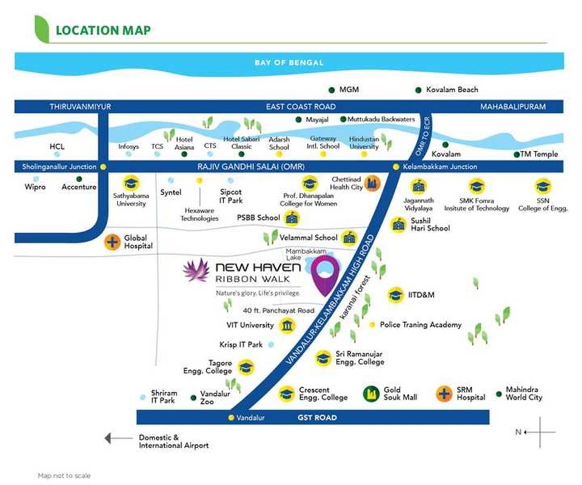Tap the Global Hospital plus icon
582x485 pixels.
[112, 242]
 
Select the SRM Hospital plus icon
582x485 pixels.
[444, 393]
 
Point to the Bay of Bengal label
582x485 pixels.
[289, 62]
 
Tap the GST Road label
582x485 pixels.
[317, 418]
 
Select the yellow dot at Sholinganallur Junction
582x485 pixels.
[104, 167]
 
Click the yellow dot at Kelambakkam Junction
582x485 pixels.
[396, 167]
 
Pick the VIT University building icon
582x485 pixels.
[286, 326]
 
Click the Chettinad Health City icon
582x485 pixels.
[372, 182]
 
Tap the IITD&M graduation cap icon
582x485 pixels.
[396, 295]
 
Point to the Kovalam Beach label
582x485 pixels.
[452, 90]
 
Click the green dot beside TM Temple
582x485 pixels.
[517, 155]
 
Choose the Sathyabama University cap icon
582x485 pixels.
[129, 184]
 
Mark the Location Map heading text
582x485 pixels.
[103, 30]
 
